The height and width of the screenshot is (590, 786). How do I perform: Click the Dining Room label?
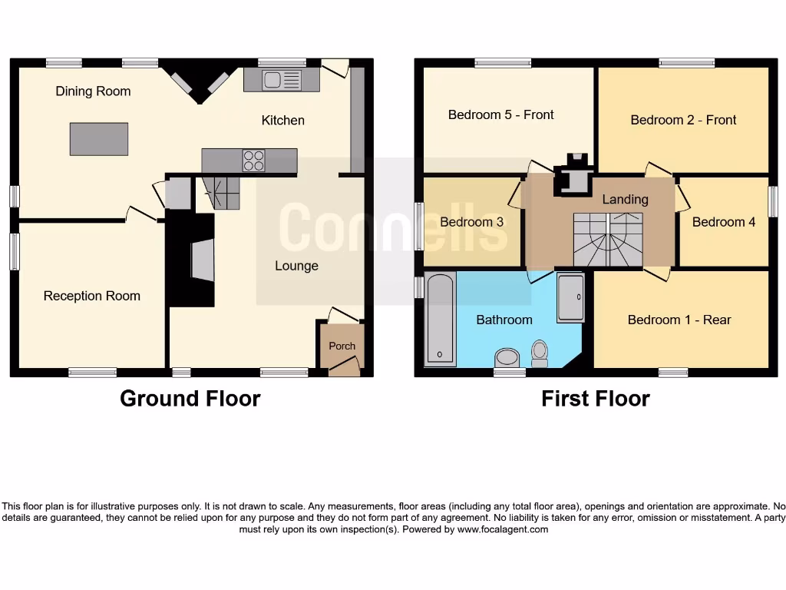click(93, 91)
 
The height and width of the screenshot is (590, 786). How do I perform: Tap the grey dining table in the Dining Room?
click(99, 139)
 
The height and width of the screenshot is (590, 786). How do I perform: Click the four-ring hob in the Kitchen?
click(254, 161)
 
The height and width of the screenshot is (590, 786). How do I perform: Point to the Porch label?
click(342, 346)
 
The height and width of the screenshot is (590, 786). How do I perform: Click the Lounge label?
click(296, 266)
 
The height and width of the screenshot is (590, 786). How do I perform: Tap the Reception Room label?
click(91, 296)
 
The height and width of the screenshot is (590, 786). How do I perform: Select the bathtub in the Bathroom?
click(440, 319)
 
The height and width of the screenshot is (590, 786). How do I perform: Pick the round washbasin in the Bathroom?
click(507, 357)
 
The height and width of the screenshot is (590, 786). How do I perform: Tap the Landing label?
click(625, 200)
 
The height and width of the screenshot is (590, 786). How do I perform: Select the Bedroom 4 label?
click(723, 223)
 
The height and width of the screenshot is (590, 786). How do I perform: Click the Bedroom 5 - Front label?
click(500, 115)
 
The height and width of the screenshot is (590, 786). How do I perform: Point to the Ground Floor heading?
click(190, 399)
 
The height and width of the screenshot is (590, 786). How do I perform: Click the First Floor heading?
click(595, 399)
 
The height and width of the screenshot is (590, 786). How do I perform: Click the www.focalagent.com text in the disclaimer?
click(503, 529)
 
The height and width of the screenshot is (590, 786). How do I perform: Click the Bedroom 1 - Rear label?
click(679, 320)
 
